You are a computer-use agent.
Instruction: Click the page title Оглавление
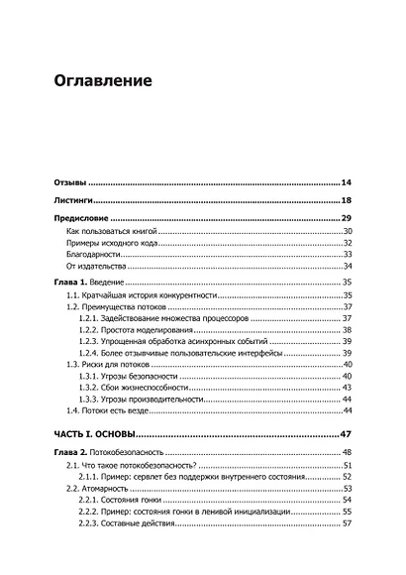pos(103,79)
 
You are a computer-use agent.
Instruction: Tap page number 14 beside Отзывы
pos(347,183)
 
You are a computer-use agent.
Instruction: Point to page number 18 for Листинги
pos(347,200)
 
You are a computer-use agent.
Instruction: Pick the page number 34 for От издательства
pos(348,267)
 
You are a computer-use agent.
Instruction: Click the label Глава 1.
pos(69,284)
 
